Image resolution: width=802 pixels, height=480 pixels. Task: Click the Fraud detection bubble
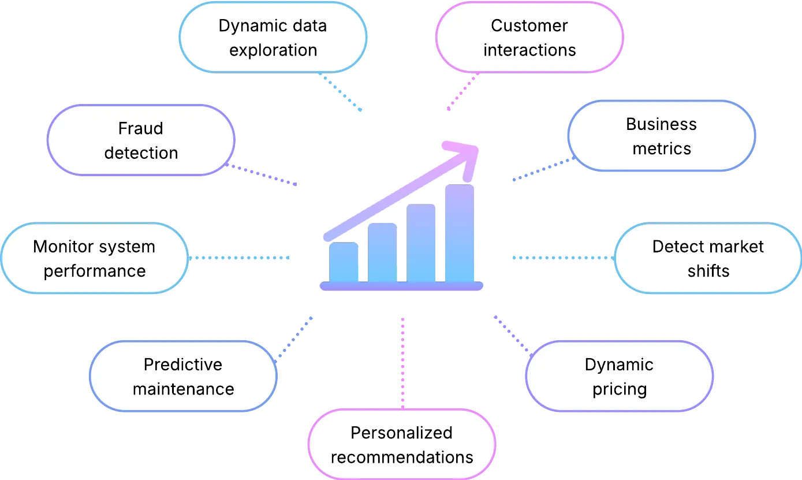(140, 140)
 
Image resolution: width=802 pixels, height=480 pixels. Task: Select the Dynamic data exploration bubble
(273, 38)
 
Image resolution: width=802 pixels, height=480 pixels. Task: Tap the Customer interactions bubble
(529, 38)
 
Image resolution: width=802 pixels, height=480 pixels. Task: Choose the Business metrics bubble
(661, 136)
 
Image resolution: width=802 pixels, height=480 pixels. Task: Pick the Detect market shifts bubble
(708, 258)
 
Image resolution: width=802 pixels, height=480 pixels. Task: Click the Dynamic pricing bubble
(619, 377)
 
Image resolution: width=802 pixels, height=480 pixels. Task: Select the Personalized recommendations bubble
(401, 445)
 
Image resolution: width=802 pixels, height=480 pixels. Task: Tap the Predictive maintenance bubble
(183, 377)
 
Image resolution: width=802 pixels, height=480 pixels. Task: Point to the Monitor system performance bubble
(94, 258)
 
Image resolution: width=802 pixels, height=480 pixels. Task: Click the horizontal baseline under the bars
(401, 286)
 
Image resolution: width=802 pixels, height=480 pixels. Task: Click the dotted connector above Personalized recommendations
(402, 361)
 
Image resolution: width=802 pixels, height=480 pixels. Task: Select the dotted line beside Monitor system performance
(240, 258)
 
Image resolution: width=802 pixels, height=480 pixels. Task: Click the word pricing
(619, 389)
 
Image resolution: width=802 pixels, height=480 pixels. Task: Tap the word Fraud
(140, 128)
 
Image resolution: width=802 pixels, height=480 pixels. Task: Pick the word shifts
(708, 270)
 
